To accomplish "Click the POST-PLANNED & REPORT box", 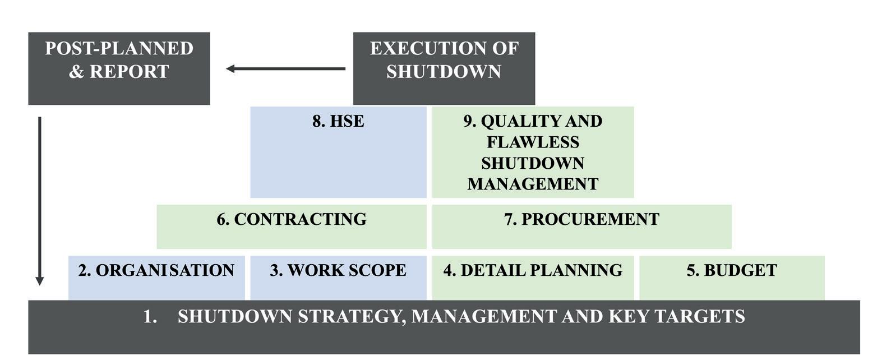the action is (x=119, y=68).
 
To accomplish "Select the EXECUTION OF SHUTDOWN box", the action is (x=444, y=68).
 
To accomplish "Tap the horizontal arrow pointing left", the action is (x=285, y=69).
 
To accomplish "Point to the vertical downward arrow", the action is (x=39, y=201).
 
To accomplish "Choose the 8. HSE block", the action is (x=338, y=152).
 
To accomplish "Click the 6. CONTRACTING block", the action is (x=292, y=227).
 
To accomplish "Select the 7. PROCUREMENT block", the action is (x=581, y=227).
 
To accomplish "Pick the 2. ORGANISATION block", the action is (x=156, y=278).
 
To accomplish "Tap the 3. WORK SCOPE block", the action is (x=338, y=278).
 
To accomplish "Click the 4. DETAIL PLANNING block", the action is (x=533, y=278).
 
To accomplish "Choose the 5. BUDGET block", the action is (x=732, y=278).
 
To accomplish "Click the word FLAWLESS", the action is (x=533, y=142).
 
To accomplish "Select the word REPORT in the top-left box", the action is (x=130, y=72).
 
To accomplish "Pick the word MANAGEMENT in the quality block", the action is (x=533, y=184).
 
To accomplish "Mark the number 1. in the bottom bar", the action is (x=150, y=317).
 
